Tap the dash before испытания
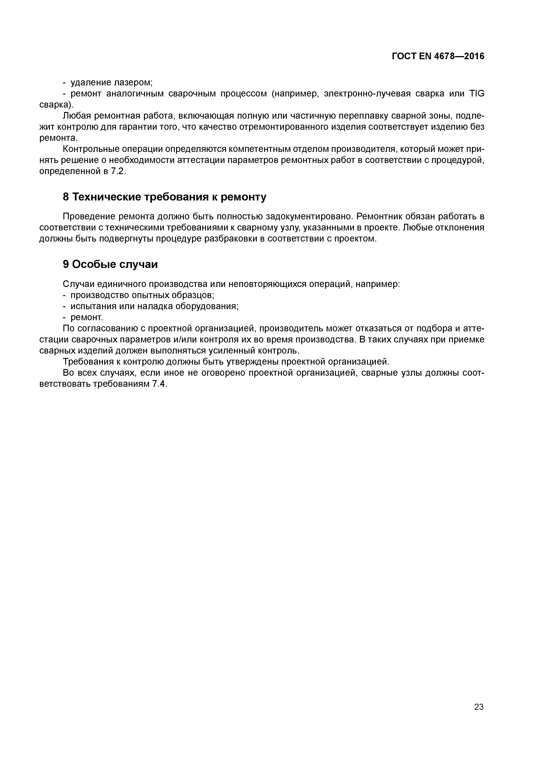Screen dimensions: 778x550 (x=65, y=306)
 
